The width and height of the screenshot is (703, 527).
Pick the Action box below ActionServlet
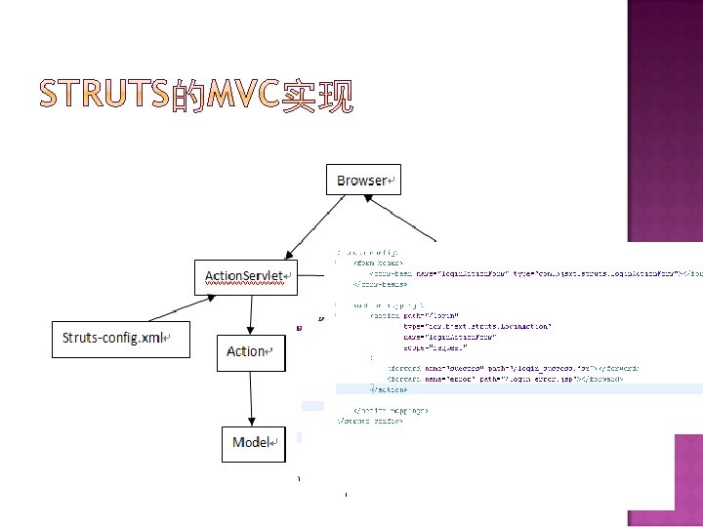pyautogui.click(x=250, y=351)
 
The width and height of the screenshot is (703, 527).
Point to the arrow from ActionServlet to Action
pyautogui.click(x=253, y=312)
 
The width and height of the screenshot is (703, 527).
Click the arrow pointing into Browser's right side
pyautogui.click(x=401, y=217)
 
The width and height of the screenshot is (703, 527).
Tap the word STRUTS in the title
pyautogui.click(x=102, y=96)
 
